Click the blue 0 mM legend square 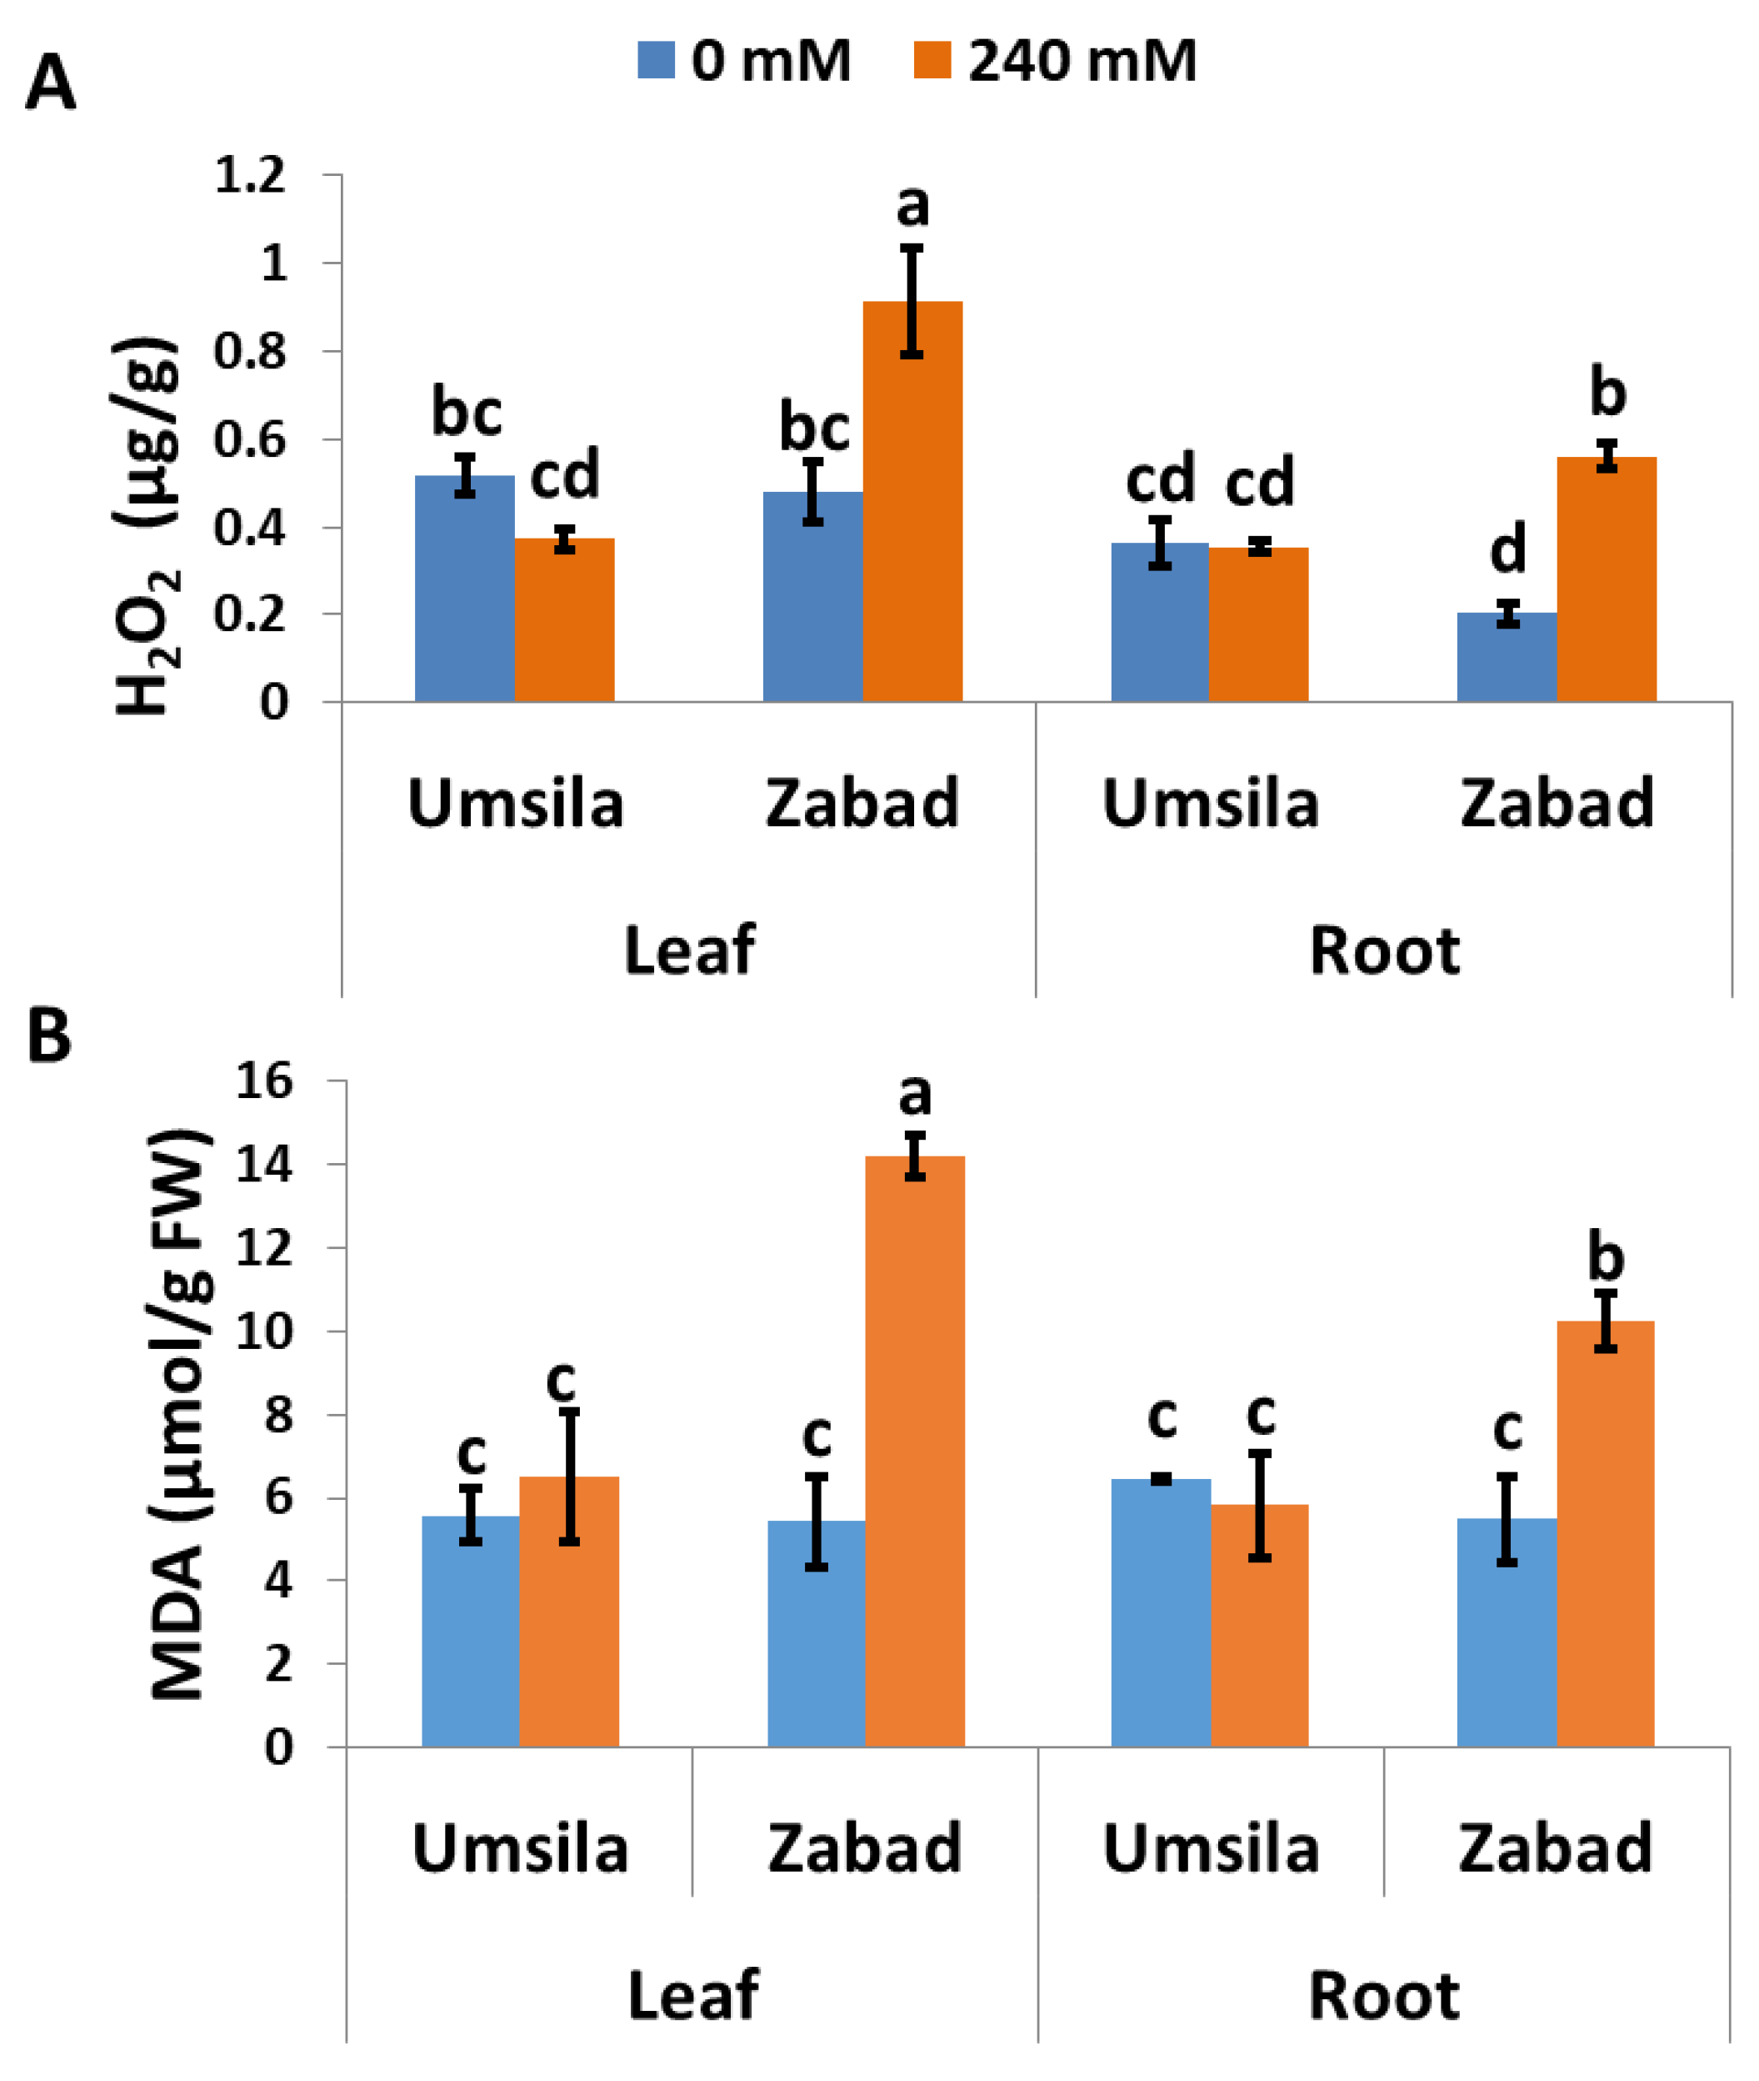(x=656, y=60)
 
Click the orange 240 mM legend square (x=932, y=60)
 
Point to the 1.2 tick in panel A (x=250, y=176)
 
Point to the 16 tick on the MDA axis (x=264, y=1081)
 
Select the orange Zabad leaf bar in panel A (x=912, y=519)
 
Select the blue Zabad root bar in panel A (x=1506, y=659)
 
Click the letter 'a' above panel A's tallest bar (x=912, y=207)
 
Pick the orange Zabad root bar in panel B (x=1606, y=1547)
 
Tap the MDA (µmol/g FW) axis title (x=179, y=1417)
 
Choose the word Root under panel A (x=1384, y=950)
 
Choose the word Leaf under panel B (x=693, y=1995)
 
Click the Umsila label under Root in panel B (x=1212, y=1848)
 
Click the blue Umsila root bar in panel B (x=1161, y=1616)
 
